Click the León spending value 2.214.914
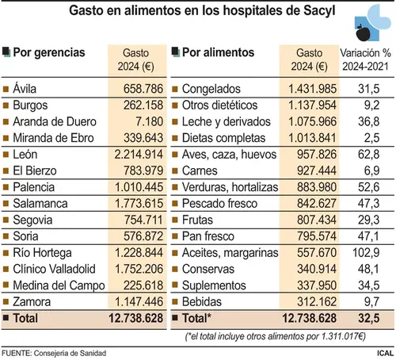(139, 155)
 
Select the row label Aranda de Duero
(55, 121)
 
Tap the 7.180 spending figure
(150, 121)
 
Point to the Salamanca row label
(40, 204)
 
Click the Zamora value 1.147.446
(139, 302)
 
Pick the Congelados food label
(211, 89)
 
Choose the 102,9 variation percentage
(366, 253)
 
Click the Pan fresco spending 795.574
(317, 236)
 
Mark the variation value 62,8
(369, 155)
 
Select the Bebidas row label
(202, 302)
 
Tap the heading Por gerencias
(49, 52)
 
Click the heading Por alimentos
(218, 52)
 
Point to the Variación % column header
(365, 53)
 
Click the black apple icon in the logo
(364, 33)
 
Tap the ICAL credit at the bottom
(385, 353)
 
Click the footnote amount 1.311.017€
(343, 336)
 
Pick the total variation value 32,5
(369, 318)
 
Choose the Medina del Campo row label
(59, 285)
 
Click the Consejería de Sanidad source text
(70, 354)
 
